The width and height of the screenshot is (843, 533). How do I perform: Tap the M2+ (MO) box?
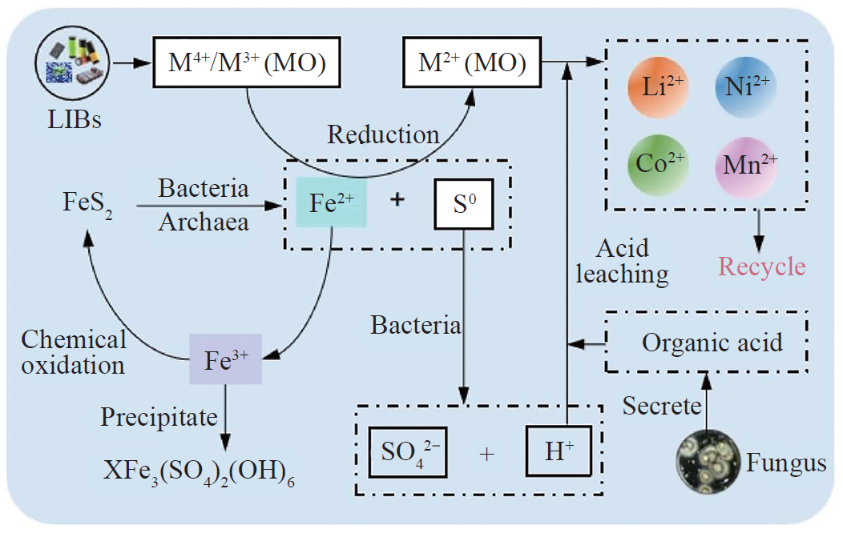[474, 62]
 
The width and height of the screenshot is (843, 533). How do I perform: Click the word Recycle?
[762, 265]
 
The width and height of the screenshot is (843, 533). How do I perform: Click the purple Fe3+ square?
[225, 359]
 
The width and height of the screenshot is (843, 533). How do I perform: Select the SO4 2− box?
[407, 453]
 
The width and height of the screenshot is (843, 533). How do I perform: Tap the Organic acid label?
[712, 343]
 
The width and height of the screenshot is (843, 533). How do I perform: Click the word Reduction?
[383, 134]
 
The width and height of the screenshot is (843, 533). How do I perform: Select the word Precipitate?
[159, 416]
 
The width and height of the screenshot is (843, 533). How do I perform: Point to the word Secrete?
[662, 407]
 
